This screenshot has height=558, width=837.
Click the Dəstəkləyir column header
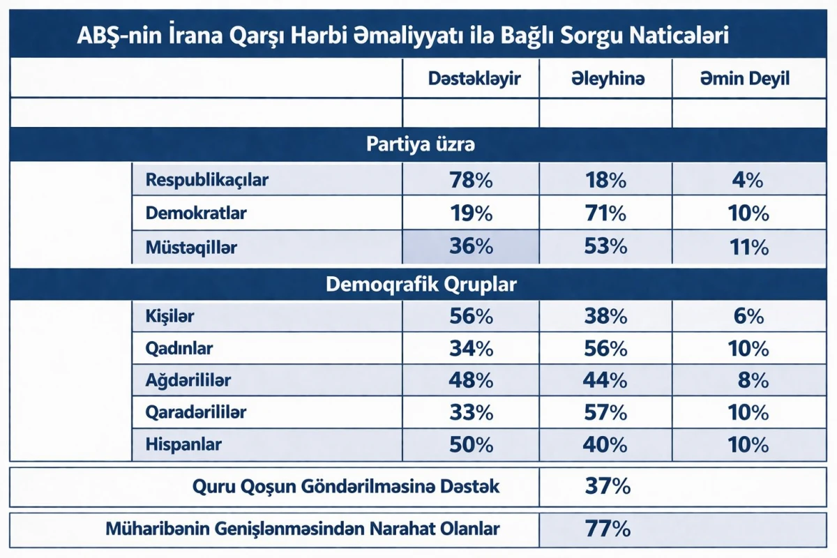pyautogui.click(x=474, y=79)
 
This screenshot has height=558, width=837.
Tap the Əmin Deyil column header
pyautogui.click(x=745, y=79)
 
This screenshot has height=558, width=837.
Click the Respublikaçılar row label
pyautogui.click(x=206, y=180)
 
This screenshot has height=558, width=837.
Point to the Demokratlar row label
pyautogui.click(x=195, y=213)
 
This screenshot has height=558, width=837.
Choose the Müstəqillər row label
pyautogui.click(x=191, y=247)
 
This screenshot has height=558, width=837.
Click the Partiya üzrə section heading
pyautogui.click(x=421, y=145)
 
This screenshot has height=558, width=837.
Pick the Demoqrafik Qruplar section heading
pyautogui.click(x=421, y=285)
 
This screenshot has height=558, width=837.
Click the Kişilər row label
pyautogui.click(x=169, y=317)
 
